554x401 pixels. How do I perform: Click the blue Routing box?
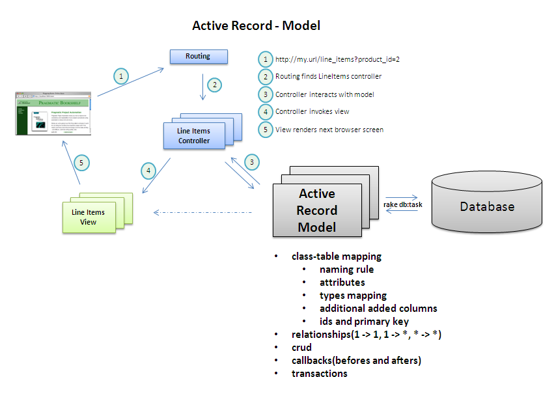(199, 57)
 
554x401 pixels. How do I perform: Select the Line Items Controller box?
(194, 136)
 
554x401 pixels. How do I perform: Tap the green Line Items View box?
(88, 217)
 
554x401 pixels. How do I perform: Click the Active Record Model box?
(316, 210)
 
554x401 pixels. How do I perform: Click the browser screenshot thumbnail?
(53, 113)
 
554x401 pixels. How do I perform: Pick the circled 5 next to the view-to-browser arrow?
(81, 163)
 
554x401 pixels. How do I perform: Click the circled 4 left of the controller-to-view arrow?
(149, 171)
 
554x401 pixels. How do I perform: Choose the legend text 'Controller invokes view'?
(312, 111)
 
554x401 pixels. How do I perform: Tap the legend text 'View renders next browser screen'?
(329, 129)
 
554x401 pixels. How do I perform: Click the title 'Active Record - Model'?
(256, 26)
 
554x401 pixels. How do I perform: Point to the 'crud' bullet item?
(301, 348)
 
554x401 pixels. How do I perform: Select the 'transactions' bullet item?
(319, 373)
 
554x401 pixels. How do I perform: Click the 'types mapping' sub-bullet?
(353, 295)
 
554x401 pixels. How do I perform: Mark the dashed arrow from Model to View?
(202, 212)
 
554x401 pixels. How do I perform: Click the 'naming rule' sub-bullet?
(346, 269)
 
